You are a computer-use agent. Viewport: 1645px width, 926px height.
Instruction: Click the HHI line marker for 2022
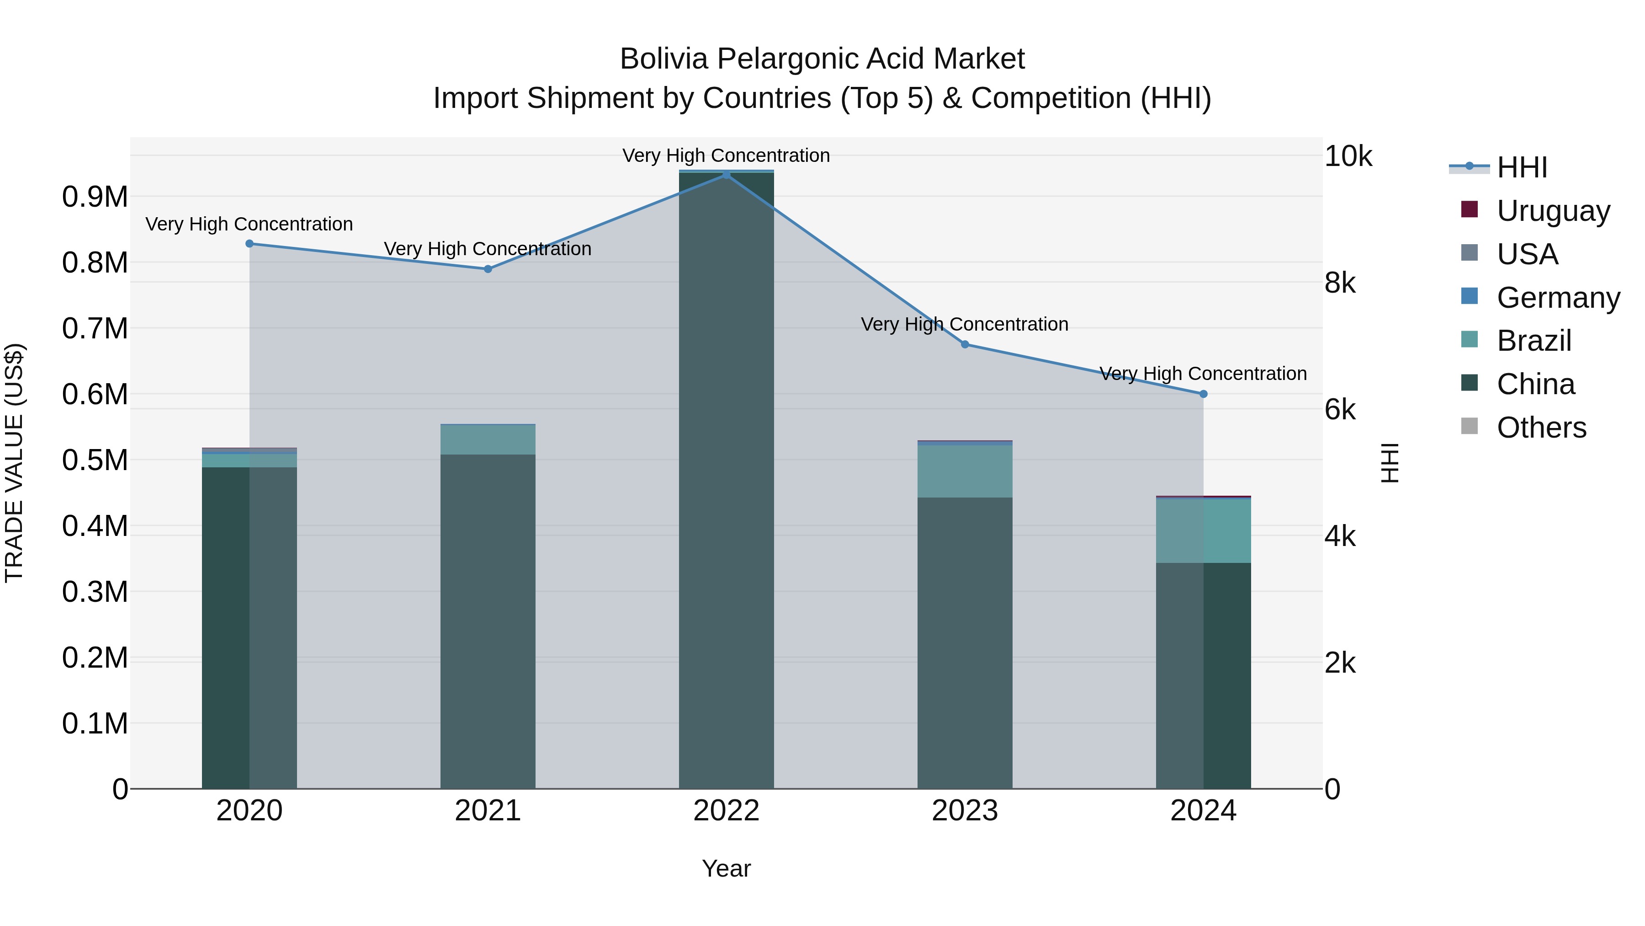point(726,175)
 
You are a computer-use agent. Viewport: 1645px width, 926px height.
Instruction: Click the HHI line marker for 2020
point(249,243)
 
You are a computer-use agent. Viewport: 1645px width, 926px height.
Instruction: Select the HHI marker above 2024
point(1204,394)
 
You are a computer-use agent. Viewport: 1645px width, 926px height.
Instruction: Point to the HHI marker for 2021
point(488,269)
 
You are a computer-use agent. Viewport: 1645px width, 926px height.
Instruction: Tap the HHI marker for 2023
point(965,344)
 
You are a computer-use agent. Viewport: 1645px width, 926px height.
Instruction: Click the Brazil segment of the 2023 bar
point(965,471)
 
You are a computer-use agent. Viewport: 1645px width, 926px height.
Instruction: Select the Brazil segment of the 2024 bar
point(1204,530)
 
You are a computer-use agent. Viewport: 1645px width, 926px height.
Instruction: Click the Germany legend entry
point(1558,297)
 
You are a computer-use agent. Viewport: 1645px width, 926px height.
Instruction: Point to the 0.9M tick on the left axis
point(95,197)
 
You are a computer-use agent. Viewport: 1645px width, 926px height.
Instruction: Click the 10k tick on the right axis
point(1348,156)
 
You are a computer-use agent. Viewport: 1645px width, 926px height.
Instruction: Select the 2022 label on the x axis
point(726,811)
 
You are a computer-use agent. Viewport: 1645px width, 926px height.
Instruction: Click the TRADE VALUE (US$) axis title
point(14,463)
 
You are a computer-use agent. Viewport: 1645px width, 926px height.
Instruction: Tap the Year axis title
point(726,868)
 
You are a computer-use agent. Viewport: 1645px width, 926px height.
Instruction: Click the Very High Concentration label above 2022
point(726,155)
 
